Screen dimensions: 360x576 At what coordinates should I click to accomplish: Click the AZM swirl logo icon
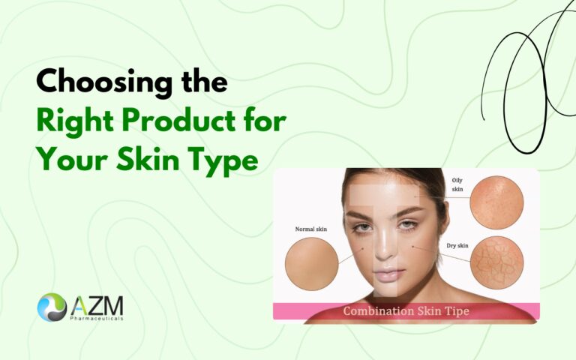click(52, 307)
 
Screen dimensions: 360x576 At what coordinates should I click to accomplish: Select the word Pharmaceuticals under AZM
click(98, 319)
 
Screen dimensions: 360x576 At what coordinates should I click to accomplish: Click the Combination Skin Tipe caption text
click(406, 311)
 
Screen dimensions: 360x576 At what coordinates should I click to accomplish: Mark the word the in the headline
click(200, 82)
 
